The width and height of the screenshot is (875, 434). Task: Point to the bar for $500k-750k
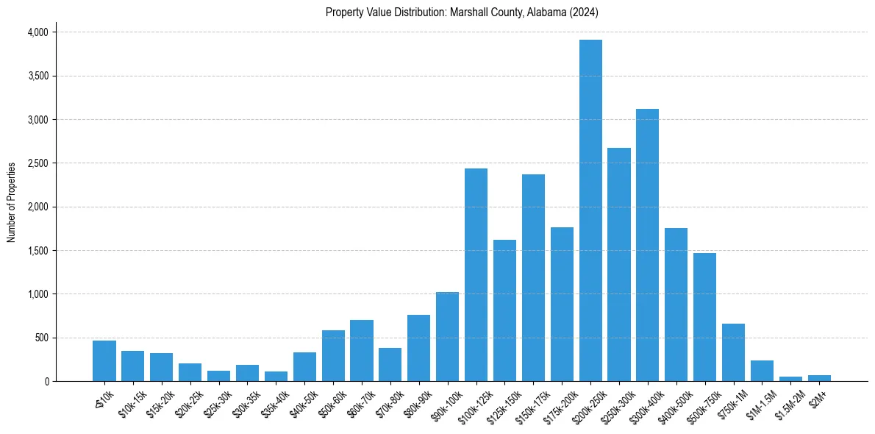704,317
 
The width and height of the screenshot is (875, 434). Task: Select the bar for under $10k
104,361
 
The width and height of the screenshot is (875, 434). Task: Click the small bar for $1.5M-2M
790,379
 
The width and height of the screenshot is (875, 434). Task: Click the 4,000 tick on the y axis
37,32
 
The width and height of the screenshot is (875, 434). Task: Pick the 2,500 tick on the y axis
37,163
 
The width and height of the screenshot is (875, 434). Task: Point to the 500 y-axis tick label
41,338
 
